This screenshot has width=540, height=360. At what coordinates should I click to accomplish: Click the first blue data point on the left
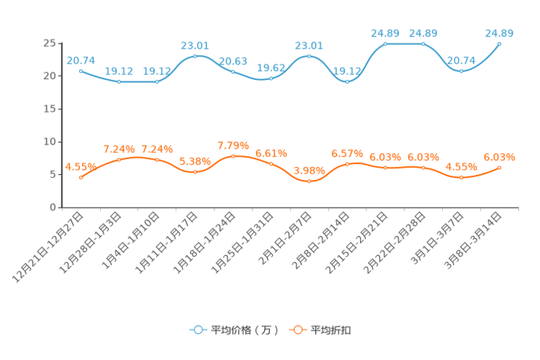pos(81,70)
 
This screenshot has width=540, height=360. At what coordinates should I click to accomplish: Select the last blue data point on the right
pos(499,44)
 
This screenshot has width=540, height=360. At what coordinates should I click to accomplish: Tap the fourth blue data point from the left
pos(195,56)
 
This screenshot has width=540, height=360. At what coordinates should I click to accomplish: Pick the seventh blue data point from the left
pos(309,56)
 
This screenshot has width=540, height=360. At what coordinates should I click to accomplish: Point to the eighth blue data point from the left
pos(347,81)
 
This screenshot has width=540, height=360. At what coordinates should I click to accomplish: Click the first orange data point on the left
pos(81,176)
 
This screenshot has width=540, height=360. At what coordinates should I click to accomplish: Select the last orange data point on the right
pos(499,168)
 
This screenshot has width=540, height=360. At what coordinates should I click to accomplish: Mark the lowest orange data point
pos(309,181)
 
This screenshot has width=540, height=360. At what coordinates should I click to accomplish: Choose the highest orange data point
pos(233,155)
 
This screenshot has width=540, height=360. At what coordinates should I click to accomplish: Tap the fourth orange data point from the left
pos(195,172)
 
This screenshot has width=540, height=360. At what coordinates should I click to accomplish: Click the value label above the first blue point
pos(80,60)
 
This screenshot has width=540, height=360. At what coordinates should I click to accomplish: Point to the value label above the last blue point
pos(499,33)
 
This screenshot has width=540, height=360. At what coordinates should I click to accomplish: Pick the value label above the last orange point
pos(499,157)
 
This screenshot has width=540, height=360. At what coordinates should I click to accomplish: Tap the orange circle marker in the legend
pos(298,330)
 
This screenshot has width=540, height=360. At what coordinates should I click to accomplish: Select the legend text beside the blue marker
pos(245,330)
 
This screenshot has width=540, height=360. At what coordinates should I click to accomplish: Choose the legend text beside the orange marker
pos(332,330)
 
